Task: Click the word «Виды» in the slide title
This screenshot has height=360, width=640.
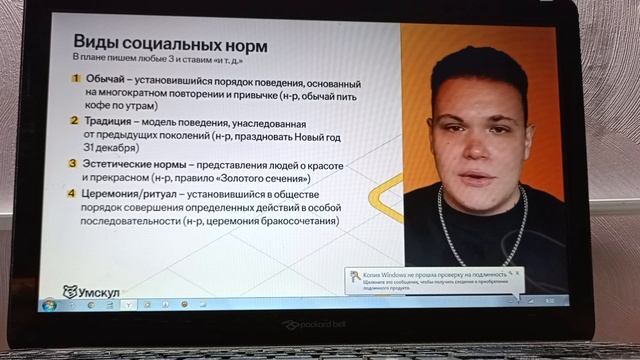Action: (98, 43)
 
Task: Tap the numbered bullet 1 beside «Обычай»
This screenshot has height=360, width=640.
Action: (75, 78)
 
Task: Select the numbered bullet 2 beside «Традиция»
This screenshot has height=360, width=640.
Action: (75, 121)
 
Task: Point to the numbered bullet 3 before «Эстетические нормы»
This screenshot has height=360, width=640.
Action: (75, 164)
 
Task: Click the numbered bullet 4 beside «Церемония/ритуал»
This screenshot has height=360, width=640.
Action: (75, 193)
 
